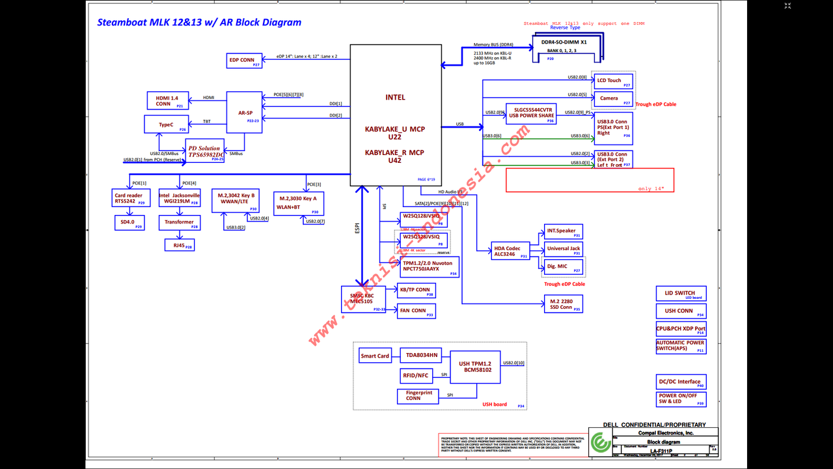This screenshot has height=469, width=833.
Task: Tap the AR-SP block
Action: pyautogui.click(x=245, y=113)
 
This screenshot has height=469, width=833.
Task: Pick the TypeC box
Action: pyautogui.click(x=166, y=124)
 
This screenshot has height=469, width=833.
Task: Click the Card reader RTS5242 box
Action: pyautogui.click(x=131, y=198)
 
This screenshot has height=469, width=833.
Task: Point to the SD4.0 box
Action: pyautogui.click(x=129, y=222)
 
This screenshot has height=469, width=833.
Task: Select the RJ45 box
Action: pyautogui.click(x=179, y=245)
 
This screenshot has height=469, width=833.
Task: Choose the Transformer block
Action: pyautogui.click(x=179, y=222)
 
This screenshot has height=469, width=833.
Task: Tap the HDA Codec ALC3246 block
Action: pyautogui.click(x=511, y=251)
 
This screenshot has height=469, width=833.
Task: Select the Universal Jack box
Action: pyautogui.click(x=563, y=249)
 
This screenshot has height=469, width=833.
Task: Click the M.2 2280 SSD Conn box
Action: pyautogui.click(x=563, y=304)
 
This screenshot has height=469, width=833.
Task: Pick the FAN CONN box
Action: pyautogui.click(x=416, y=311)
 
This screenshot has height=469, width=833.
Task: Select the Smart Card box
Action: pyautogui.click(x=375, y=356)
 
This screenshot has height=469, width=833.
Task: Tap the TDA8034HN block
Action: pyautogui.click(x=421, y=355)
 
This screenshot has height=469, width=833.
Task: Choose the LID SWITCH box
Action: pyautogui.click(x=680, y=294)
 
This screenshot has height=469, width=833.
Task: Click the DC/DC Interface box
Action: pyautogui.click(x=681, y=382)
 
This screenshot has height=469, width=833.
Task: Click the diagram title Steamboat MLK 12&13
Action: pyautogui.click(x=199, y=22)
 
